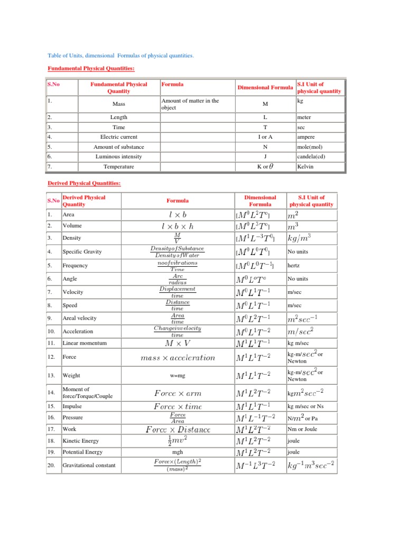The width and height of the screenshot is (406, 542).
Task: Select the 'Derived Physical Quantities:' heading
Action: pyautogui.click(x=84, y=183)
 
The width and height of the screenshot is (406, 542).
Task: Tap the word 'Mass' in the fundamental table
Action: pyautogui.click(x=118, y=104)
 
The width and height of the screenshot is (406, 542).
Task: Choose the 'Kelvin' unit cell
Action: pyautogui.click(x=306, y=167)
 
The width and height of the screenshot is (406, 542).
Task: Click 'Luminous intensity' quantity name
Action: pyautogui.click(x=118, y=157)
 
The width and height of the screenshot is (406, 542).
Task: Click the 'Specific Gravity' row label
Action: pyautogui.click(x=82, y=252)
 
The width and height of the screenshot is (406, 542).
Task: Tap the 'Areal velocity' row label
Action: pyautogui.click(x=80, y=318)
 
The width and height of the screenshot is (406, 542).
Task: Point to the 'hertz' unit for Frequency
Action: pyautogui.click(x=293, y=266)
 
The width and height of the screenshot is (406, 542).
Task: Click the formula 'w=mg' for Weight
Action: pyautogui.click(x=177, y=376)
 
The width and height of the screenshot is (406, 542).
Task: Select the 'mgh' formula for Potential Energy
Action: pyautogui.click(x=177, y=453)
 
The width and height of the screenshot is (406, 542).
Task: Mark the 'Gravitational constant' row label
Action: pyautogui.click(x=89, y=466)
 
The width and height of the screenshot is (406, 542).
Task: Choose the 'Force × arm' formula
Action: pyautogui.click(x=177, y=393)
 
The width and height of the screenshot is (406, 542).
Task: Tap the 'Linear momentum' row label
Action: pyautogui.click(x=85, y=343)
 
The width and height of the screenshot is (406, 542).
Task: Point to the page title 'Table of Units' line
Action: pyautogui.click(x=121, y=55)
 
